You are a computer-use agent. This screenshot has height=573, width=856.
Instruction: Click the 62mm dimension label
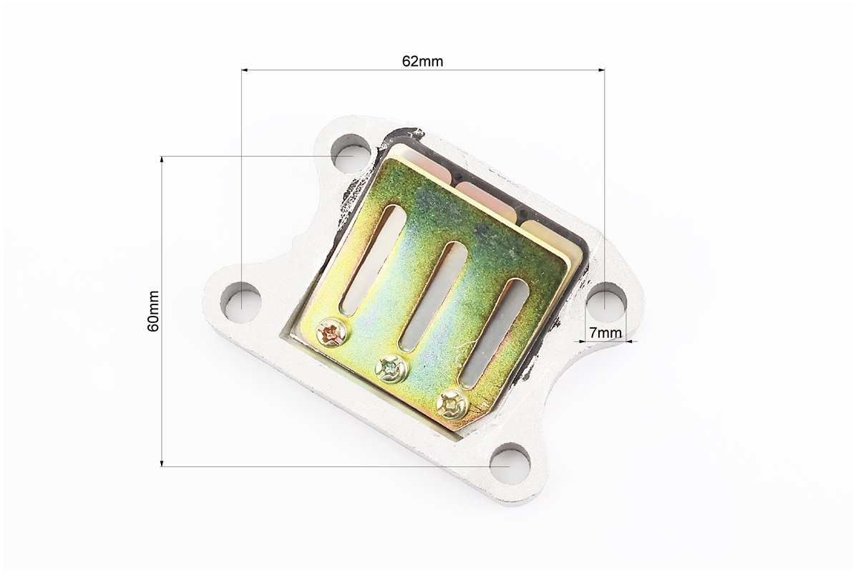point(422,61)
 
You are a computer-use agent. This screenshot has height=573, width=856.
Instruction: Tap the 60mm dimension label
point(153,311)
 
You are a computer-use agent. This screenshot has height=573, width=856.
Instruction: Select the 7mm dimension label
point(605,332)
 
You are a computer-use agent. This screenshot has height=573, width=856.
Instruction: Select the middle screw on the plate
point(391,369)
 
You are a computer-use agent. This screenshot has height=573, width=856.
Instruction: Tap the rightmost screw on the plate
point(452,404)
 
